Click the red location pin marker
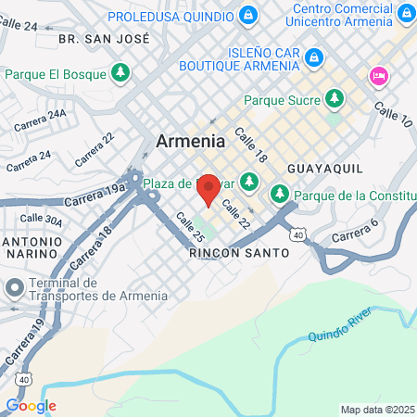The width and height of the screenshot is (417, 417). click(208, 188)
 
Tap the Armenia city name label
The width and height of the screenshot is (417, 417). click(190, 142)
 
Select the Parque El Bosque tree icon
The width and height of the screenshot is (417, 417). click(120, 72)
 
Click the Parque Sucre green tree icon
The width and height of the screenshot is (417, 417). click(334, 97)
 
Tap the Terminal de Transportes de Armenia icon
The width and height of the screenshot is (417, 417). click(14, 288)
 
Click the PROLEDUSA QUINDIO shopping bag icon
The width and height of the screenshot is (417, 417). click(247, 16)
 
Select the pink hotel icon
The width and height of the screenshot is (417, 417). click(378, 76)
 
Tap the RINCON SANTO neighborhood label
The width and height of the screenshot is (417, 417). click(227, 252)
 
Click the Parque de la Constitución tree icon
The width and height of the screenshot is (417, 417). click(279, 195)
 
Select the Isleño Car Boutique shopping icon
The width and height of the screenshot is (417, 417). click(314, 57)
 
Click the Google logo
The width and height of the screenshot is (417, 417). click(31, 405)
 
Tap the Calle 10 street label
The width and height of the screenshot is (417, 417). click(391, 115)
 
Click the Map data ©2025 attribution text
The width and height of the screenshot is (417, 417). click(377, 410)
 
